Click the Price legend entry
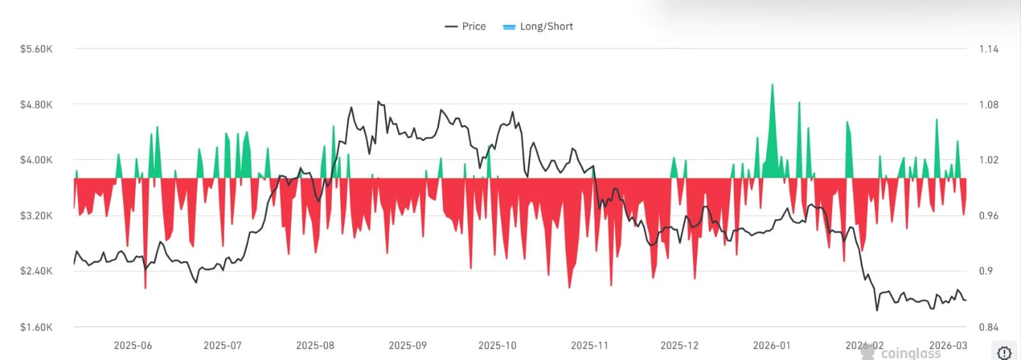point(466,26)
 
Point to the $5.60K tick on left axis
point(36,49)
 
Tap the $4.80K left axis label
point(36,105)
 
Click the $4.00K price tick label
point(36,160)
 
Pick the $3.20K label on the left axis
point(36,216)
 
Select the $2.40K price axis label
point(36,271)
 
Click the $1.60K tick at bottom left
point(36,327)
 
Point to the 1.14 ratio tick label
point(988,49)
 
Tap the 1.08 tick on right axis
point(988,105)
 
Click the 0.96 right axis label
point(988,216)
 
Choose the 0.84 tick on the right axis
point(988,327)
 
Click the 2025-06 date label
point(133,345)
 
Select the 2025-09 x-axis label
point(408,345)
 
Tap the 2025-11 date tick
point(590,345)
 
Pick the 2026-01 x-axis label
point(771,345)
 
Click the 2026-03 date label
point(948,345)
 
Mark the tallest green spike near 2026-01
point(772,85)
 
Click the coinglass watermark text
point(911,353)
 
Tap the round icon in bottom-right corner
point(1004,352)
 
